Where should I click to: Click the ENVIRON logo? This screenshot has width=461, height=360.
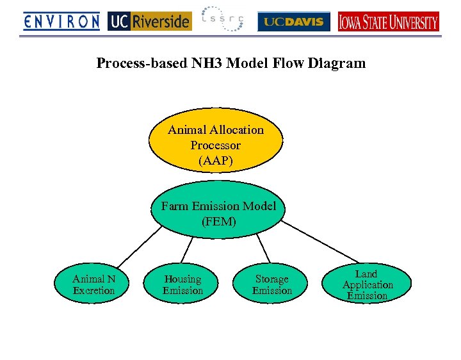point(61,22)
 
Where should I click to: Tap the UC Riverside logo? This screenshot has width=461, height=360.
point(149,22)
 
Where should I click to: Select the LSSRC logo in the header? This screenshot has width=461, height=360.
point(222,20)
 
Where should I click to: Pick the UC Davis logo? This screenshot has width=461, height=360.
point(294,22)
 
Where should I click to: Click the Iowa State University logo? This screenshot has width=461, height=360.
point(389,22)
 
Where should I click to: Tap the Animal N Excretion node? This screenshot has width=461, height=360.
point(93,285)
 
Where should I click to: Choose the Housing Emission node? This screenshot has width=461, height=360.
point(182,285)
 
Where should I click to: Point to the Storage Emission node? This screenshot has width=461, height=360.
point(271,285)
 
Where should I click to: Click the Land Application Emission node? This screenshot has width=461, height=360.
point(367,284)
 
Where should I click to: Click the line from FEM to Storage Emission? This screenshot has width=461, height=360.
point(263,247)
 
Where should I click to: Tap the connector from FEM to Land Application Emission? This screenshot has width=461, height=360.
point(320,243)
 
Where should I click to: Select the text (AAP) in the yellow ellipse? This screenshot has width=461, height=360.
point(216,161)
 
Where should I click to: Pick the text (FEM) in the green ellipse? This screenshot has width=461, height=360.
point(218,222)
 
